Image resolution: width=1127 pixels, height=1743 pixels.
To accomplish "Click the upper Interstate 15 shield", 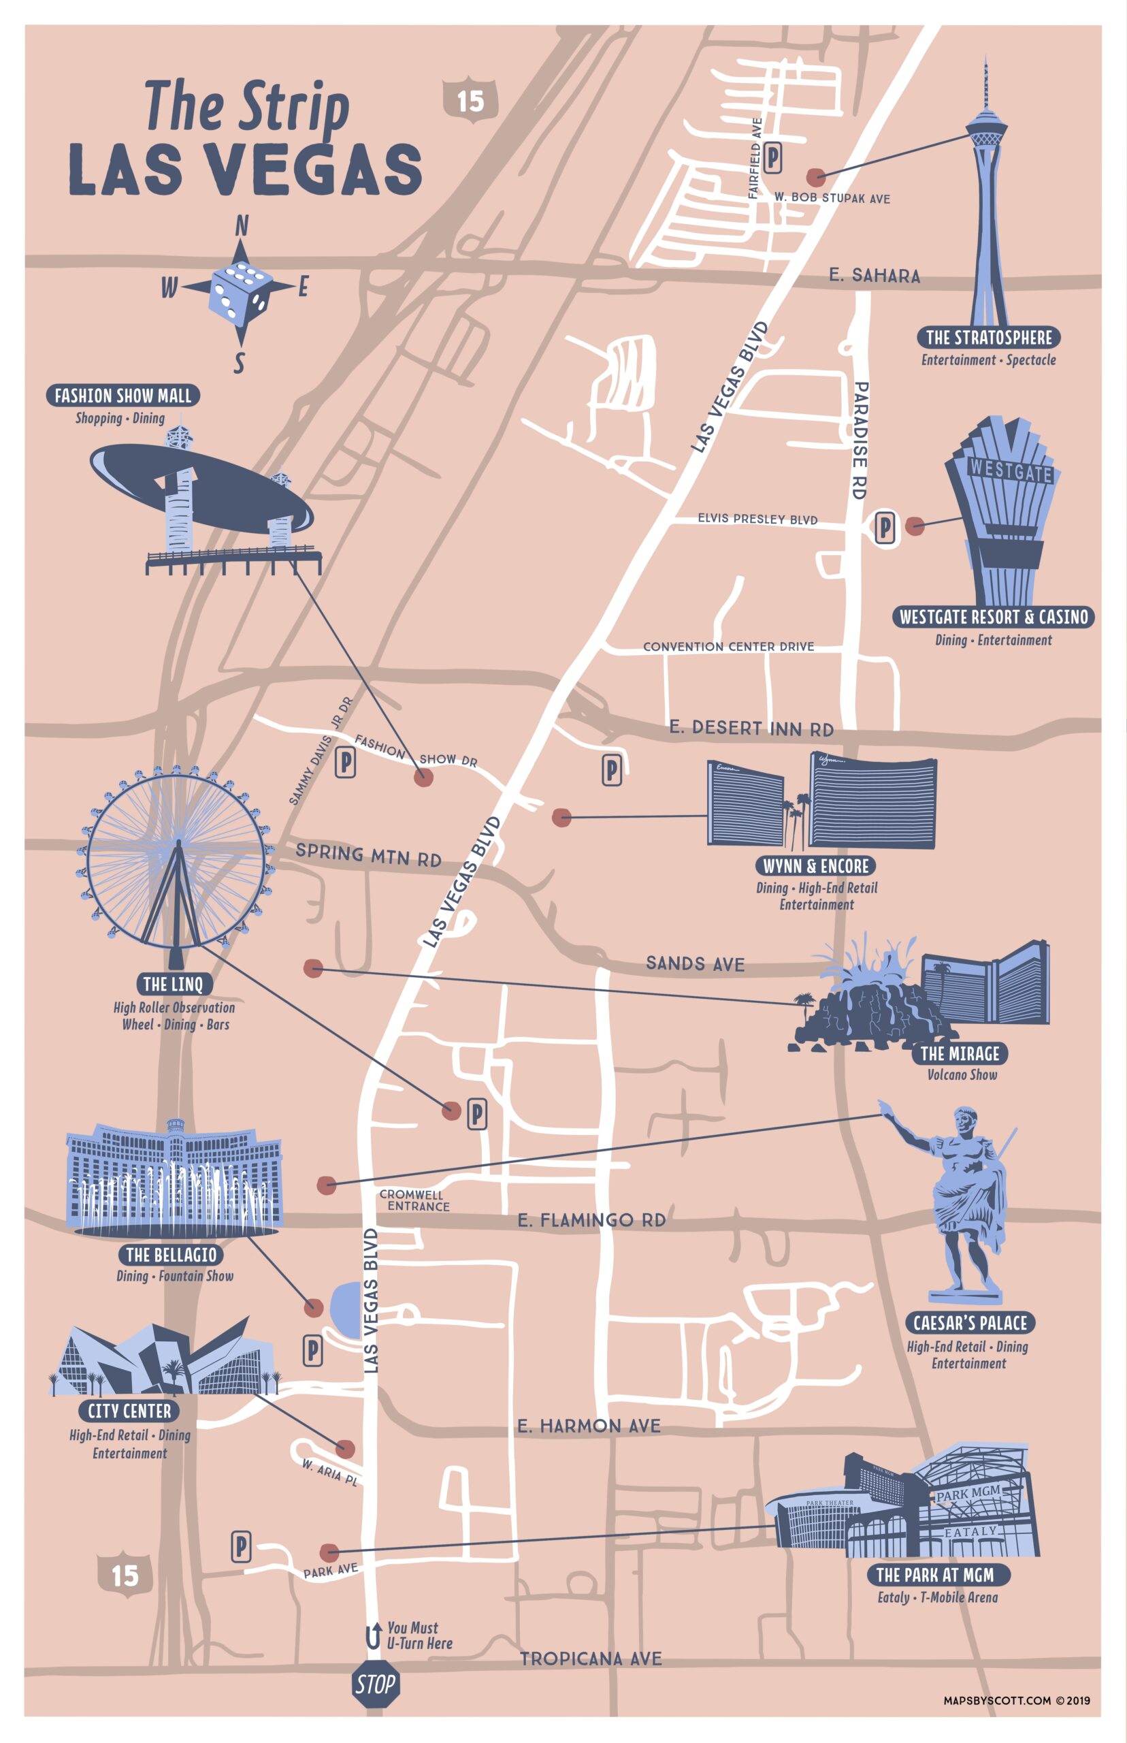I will pos(470,100).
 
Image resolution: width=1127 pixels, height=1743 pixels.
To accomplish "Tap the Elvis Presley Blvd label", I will pos(757,518).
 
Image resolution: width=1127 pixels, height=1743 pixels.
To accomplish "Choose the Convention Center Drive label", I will pos(728,646).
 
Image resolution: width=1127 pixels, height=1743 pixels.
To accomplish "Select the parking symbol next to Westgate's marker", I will pos(885,526).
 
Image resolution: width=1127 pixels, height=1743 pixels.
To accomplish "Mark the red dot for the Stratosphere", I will pos(815,177).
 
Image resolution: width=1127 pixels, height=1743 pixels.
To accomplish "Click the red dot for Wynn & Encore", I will pos(561,817).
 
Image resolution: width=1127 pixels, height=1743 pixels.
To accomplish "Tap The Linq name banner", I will pos(173,983).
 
